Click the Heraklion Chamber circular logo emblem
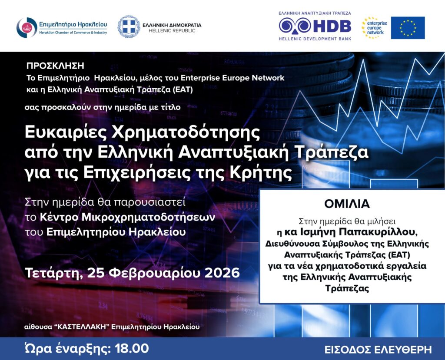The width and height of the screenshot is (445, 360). (27, 27)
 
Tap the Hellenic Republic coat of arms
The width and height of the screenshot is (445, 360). (129, 27)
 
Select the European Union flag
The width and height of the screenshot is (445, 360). (408, 28)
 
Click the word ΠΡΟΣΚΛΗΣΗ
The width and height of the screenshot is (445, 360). (55, 66)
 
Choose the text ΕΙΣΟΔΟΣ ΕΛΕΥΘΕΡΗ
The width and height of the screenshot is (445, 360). (378, 349)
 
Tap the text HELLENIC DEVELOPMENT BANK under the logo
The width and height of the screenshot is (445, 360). (315, 39)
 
